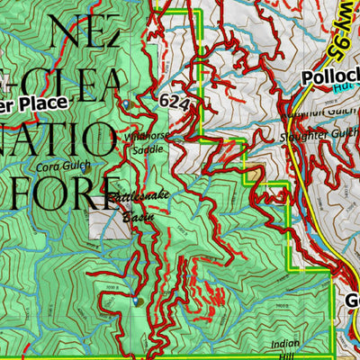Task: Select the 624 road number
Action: [x=175, y=103]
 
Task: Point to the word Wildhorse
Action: [x=147, y=136]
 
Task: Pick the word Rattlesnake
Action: [x=137, y=197]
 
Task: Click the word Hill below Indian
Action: [x=288, y=355]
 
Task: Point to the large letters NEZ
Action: [x=86, y=36]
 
